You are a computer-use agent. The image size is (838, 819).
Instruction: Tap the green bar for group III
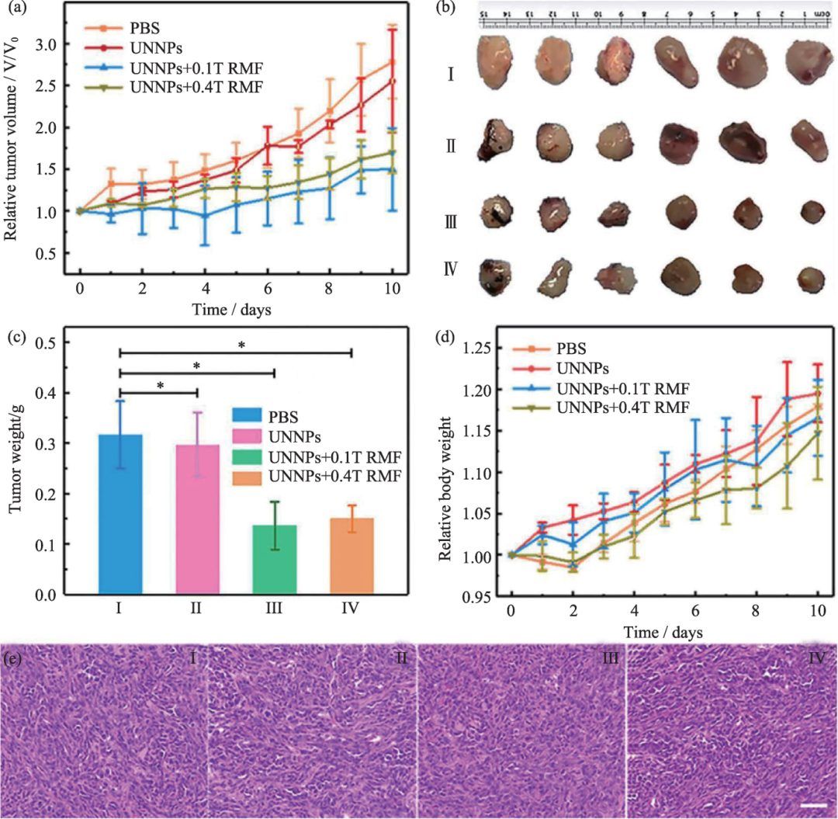coord(275,559)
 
